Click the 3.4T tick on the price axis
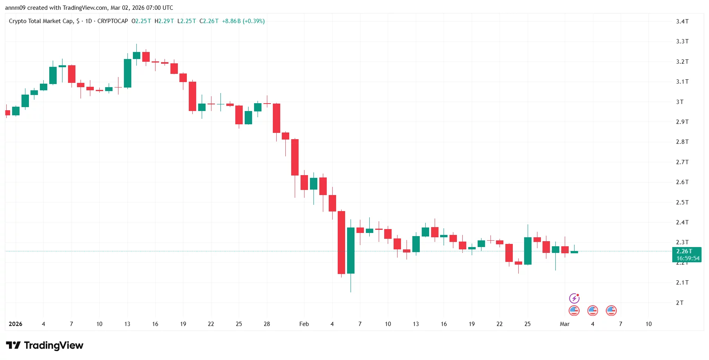pyautogui.click(x=682, y=21)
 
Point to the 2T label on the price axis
pyautogui.click(x=680, y=303)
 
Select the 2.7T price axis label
pyautogui.click(x=682, y=162)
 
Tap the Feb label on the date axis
pyautogui.click(x=304, y=324)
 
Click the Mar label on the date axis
pyautogui.click(x=564, y=324)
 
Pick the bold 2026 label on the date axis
pyautogui.click(x=16, y=324)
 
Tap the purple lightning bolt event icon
pyautogui.click(x=574, y=299)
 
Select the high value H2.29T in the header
pyautogui.click(x=164, y=21)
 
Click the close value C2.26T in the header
pyautogui.click(x=209, y=21)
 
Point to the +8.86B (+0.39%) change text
pyautogui.click(x=243, y=21)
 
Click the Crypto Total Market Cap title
pyautogui.click(x=41, y=21)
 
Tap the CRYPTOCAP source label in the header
pyautogui.click(x=113, y=21)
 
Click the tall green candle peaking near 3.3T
pyautogui.click(x=127, y=73)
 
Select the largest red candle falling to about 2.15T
pyautogui.click(x=341, y=242)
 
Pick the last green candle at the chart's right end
pyautogui.click(x=574, y=252)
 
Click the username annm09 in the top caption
pyautogui.click(x=15, y=8)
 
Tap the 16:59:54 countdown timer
pyautogui.click(x=688, y=258)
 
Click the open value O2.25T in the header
pyautogui.click(x=141, y=21)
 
